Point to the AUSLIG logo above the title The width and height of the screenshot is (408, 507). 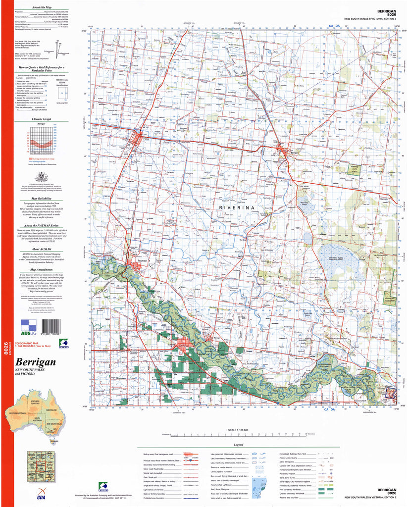29,327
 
